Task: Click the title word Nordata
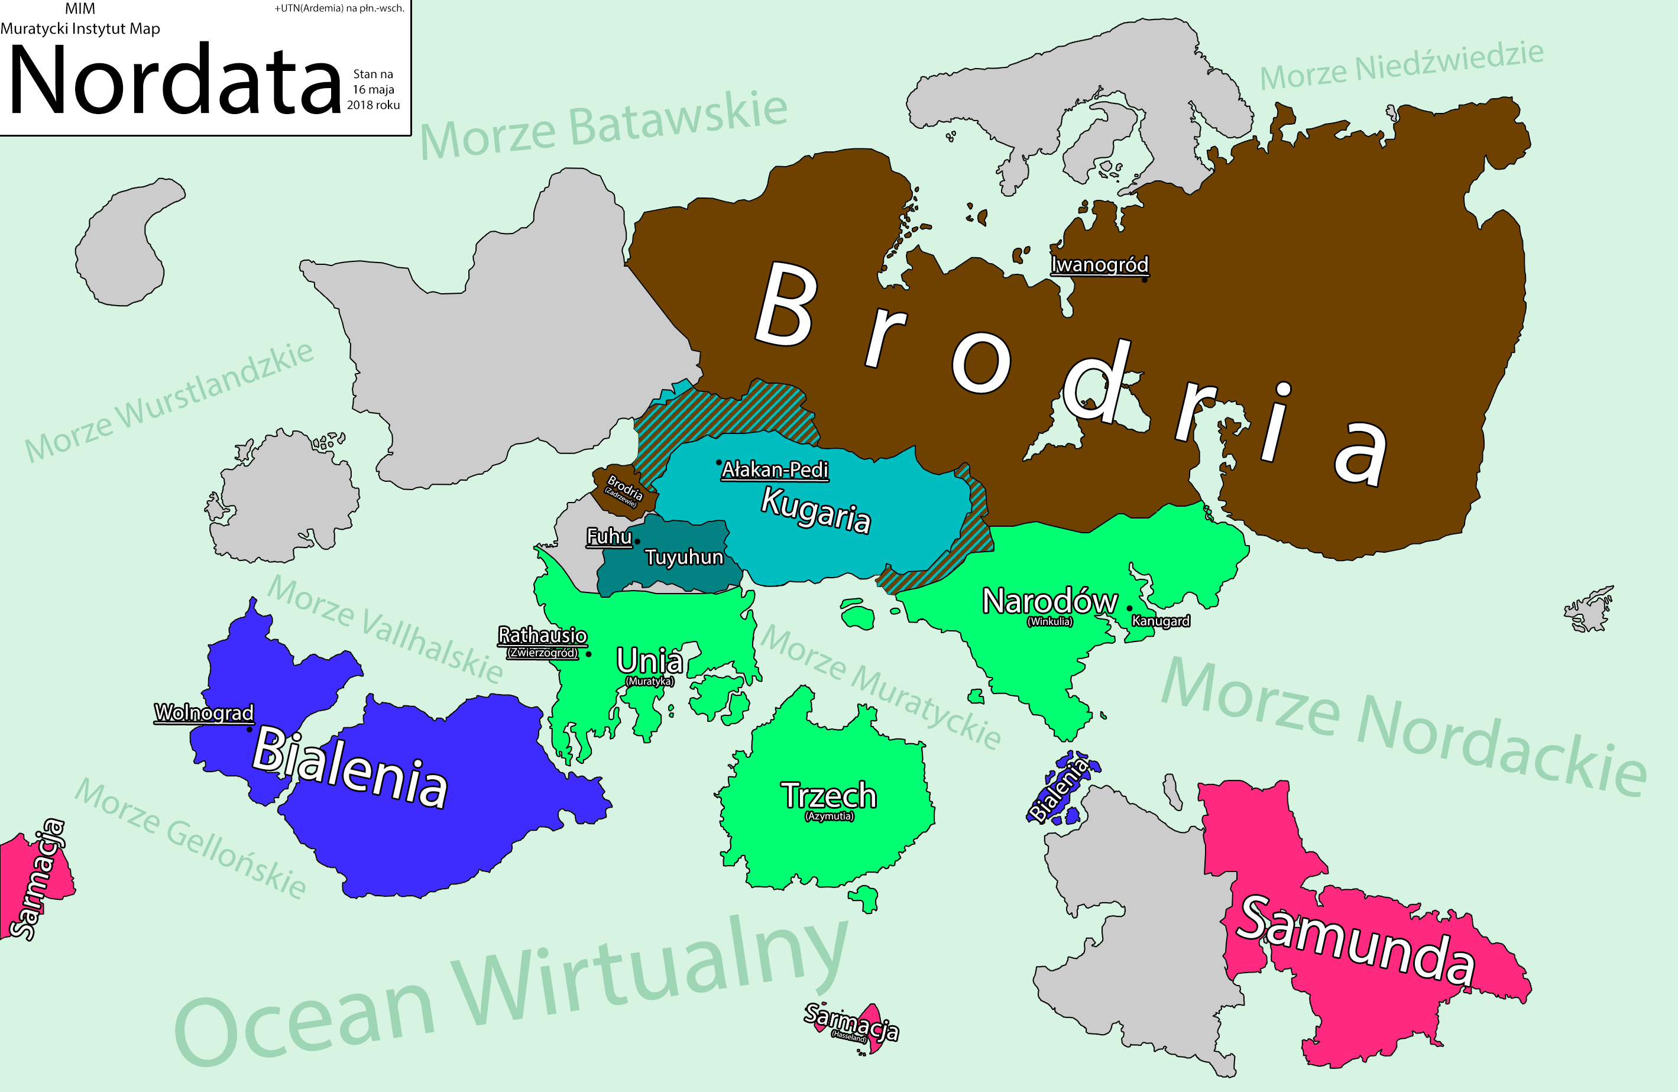(175, 79)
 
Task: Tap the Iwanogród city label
(1099, 265)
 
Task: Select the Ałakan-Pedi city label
(774, 470)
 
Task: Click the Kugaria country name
(816, 510)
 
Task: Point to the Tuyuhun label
(684, 558)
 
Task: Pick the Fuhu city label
(609, 536)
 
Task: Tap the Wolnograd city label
(204, 712)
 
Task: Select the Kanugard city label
(1161, 621)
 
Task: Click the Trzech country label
(828, 796)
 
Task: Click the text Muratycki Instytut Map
(80, 29)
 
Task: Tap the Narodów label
(1049, 601)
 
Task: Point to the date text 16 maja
(373, 89)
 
